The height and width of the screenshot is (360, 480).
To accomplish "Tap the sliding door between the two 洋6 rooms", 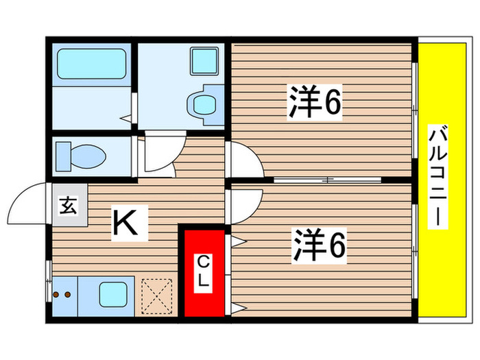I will click(x=328, y=180).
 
